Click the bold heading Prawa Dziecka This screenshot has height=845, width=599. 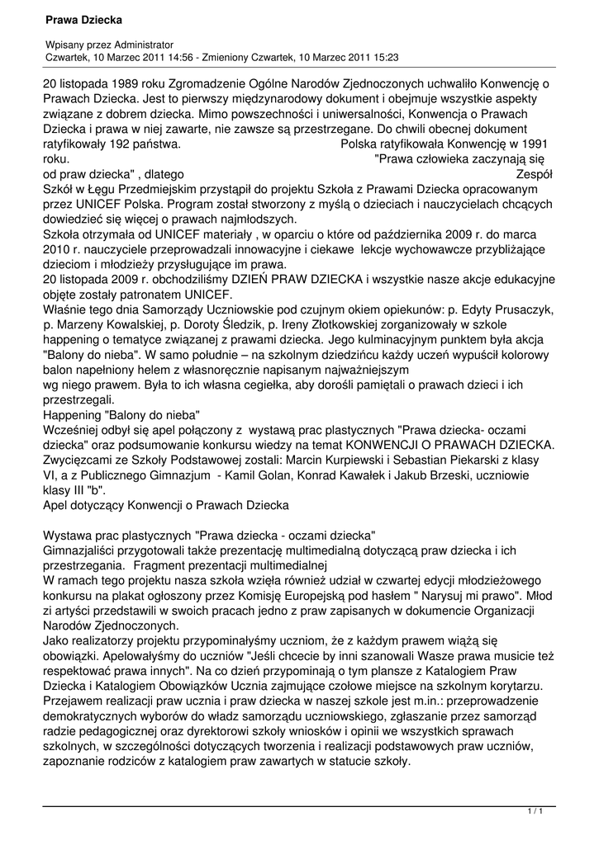tap(83, 18)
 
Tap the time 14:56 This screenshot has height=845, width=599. tap(178, 58)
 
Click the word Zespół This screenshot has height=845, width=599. tap(534, 175)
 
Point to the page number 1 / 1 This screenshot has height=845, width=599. tap(535, 813)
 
